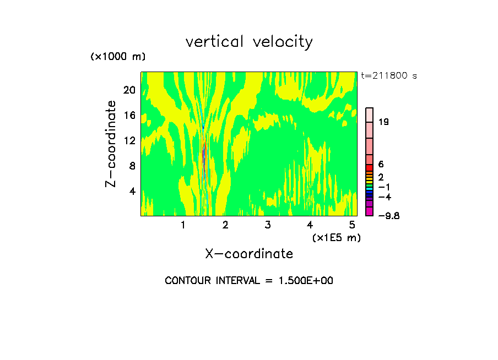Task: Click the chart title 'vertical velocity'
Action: (249, 42)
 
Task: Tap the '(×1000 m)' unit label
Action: (117, 57)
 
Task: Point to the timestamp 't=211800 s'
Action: (389, 75)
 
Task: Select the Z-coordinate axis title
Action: (111, 144)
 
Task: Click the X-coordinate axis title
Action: (249, 254)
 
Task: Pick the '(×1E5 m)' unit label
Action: (336, 237)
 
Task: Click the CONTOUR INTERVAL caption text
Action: (249, 281)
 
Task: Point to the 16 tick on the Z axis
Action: (129, 116)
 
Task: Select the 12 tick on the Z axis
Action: (129, 141)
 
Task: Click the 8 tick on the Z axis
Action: (132, 166)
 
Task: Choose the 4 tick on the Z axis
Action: (132, 192)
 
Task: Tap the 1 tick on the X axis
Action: (183, 225)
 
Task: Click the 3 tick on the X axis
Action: (267, 225)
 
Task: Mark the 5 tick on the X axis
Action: (351, 225)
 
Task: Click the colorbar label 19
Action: (383, 122)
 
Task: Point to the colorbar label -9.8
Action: (388, 216)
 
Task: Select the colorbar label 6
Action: (381, 165)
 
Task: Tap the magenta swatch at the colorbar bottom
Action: (370, 212)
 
